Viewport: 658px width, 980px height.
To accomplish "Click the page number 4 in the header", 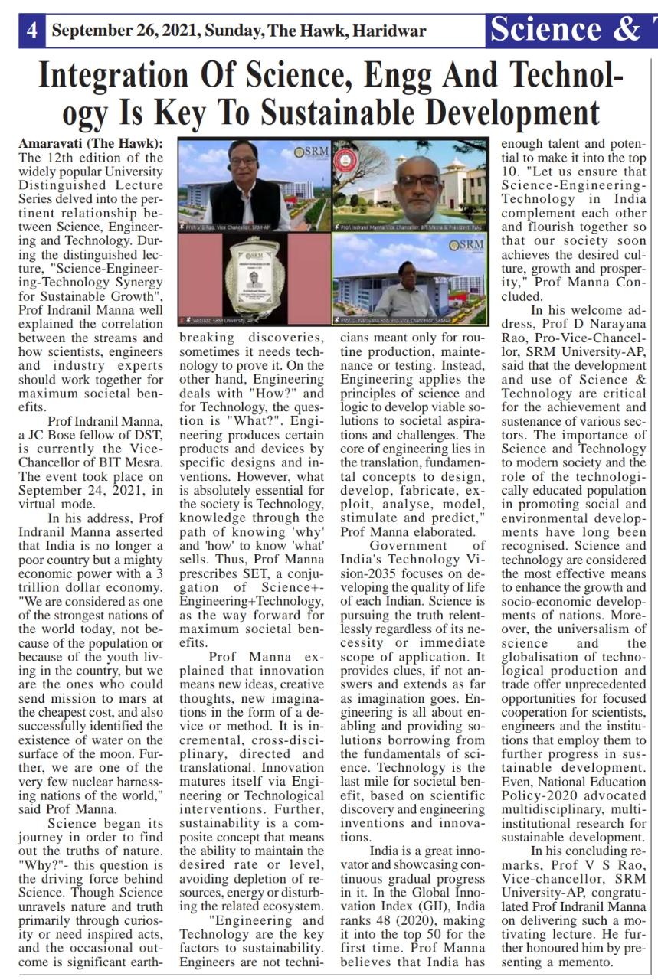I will point(32,31).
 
